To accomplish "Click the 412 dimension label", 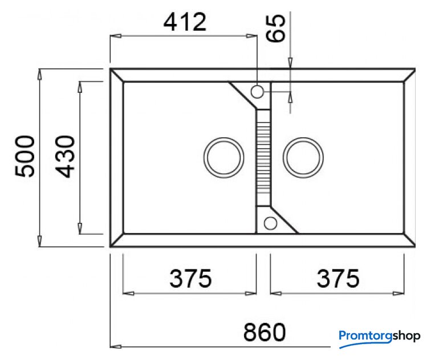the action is [x=185, y=22].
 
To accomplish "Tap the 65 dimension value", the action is [x=275, y=28].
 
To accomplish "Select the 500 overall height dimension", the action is [x=25, y=157].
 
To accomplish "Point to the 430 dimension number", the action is [x=65, y=157].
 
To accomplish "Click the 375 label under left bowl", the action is [x=190, y=279].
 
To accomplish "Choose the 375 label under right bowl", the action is [x=338, y=279].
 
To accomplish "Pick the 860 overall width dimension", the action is [x=265, y=332].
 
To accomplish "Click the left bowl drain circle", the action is [x=224, y=158].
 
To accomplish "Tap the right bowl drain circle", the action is [x=303, y=158].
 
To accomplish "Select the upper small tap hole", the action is [x=257, y=92].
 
